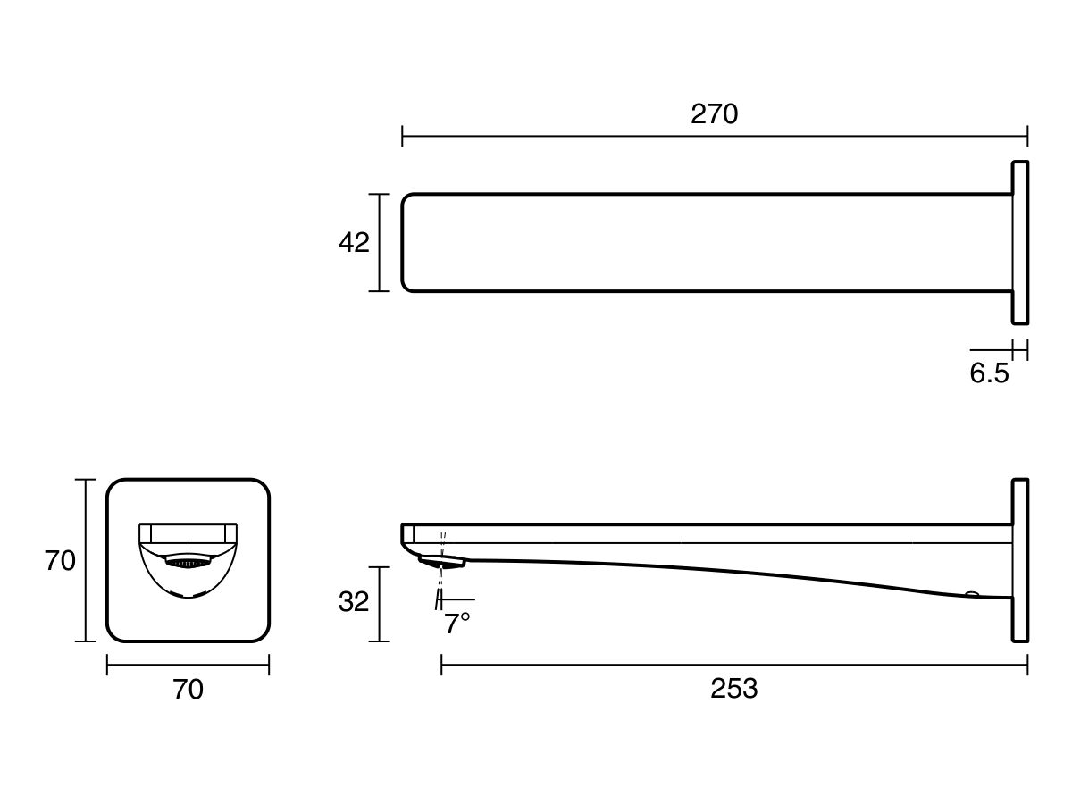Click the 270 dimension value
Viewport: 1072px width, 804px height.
[715, 114]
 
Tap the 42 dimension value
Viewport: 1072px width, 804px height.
[354, 242]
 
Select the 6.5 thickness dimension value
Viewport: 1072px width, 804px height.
[989, 373]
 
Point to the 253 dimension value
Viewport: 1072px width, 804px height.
[733, 689]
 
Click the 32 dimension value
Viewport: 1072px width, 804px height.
[354, 602]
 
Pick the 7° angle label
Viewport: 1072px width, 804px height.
[457, 624]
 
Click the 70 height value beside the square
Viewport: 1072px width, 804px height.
[60, 561]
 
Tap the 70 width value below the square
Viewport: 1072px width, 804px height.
[188, 690]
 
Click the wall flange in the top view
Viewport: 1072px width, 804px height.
[1020, 242]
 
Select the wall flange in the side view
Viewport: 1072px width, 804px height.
[1020, 560]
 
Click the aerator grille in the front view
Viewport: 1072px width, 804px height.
[188, 564]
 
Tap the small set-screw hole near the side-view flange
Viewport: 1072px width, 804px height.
[971, 593]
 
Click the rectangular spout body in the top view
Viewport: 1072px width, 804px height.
[706, 242]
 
